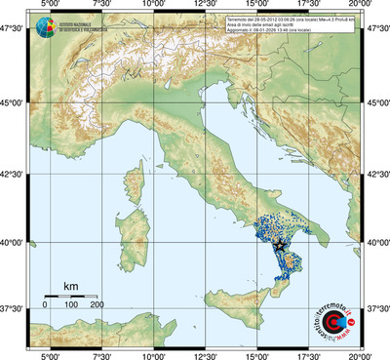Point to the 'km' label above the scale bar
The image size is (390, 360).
coord(70,285)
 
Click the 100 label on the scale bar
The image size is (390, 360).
coord(70,305)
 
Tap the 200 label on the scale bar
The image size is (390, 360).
coord(97,305)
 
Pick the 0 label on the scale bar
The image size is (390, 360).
coord(45,305)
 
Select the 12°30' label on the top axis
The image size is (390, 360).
coord(206,6)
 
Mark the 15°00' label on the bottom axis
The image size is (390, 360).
coord(257,355)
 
